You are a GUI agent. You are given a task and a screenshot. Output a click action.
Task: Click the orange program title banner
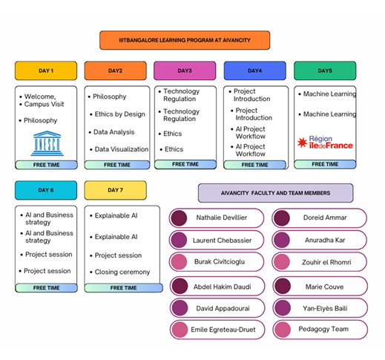click(185, 40)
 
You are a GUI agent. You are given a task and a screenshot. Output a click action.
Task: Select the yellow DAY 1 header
click(46, 71)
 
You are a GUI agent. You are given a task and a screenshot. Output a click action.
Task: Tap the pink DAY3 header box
click(185, 71)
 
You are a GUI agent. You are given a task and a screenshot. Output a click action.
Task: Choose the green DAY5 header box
click(325, 71)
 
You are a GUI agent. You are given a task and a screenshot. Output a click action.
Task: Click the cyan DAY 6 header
click(46, 190)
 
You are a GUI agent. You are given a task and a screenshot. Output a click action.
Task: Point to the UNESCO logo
click(47, 143)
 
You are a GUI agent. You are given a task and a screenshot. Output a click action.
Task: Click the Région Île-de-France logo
click(325, 143)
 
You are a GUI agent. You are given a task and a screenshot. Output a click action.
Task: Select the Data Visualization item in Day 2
click(122, 149)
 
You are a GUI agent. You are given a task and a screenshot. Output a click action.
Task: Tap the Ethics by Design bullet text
click(120, 114)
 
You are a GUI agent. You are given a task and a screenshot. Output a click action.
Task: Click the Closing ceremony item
click(122, 272)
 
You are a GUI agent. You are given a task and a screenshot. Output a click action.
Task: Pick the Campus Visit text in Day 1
click(44, 104)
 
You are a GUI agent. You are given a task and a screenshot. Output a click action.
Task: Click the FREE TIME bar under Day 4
click(254, 165)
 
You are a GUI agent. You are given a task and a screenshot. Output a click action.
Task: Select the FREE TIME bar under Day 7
click(123, 288)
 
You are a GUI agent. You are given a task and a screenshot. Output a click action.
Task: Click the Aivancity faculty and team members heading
click(275, 193)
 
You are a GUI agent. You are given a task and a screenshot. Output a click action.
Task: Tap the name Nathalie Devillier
click(222, 217)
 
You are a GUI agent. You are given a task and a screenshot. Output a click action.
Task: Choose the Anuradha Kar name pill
click(320, 240)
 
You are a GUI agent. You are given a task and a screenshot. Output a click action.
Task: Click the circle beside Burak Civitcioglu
click(179, 262)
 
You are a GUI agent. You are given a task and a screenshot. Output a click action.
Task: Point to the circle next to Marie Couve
click(283, 287)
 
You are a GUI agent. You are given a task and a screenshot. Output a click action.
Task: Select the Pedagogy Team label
click(323, 329)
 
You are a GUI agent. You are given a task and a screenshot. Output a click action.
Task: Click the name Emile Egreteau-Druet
click(223, 330)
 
